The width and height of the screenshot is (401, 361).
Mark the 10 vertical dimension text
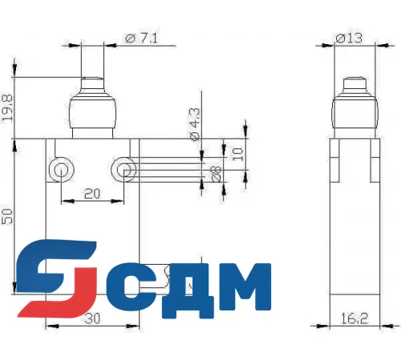[237, 154]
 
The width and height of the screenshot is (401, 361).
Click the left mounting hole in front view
[60, 168]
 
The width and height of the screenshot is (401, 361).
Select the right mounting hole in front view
[123, 168]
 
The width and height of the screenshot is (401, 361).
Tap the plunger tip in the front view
[90, 83]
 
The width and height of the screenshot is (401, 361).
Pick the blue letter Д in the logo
[183, 287]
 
